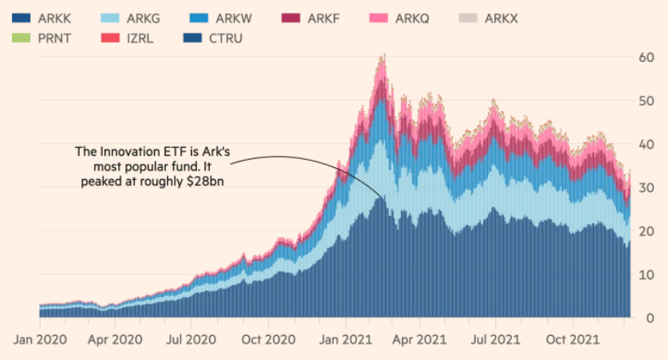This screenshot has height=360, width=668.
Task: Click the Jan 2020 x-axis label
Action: click(x=40, y=341)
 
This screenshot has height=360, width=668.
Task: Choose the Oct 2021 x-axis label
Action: click(x=571, y=341)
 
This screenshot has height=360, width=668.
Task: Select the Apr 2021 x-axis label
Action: click(x=419, y=341)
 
